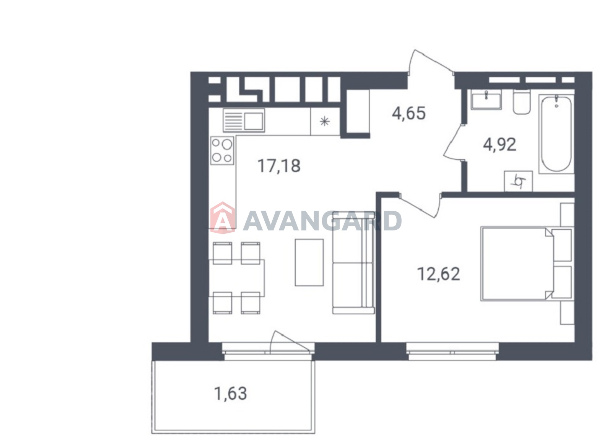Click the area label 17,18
[279, 166]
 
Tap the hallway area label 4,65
[409, 113]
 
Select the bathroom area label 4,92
[500, 144]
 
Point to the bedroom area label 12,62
[439, 274]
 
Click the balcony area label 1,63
[231, 394]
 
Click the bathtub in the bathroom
[556, 134]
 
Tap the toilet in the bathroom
[522, 101]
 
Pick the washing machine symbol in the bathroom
[518, 181]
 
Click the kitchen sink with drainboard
[244, 120]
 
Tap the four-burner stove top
[222, 150]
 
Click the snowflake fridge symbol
[325, 121]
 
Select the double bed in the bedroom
[527, 264]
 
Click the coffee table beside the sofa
[309, 263]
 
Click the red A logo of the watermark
[222, 218]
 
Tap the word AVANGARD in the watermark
[322, 220]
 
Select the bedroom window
[452, 352]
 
